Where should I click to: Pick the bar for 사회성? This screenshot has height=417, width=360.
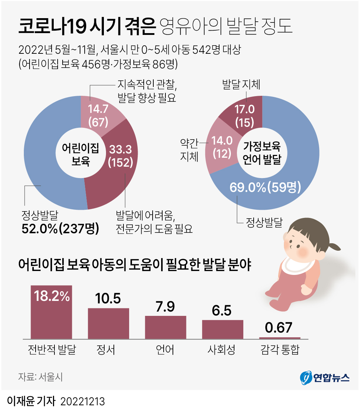click(x=223, y=329)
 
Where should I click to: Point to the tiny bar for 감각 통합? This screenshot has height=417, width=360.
click(x=280, y=338)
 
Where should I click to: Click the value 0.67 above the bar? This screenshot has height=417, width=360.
click(x=280, y=328)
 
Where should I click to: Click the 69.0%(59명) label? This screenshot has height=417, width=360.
click(x=265, y=187)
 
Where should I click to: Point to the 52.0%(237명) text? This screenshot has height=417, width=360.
click(x=60, y=228)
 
